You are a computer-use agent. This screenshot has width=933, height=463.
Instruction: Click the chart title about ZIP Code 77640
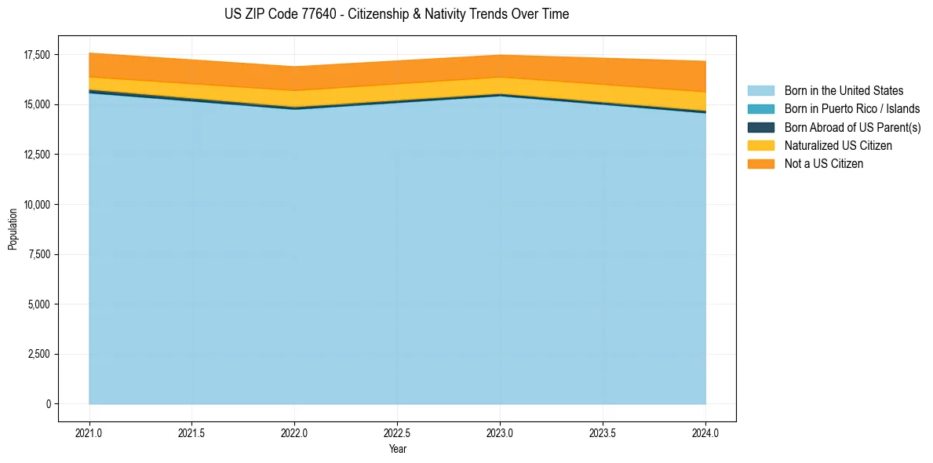coord(396,14)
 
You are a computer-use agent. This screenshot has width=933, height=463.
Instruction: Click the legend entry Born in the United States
coord(844,91)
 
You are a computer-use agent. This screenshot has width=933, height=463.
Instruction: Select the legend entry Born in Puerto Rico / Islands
coord(852,109)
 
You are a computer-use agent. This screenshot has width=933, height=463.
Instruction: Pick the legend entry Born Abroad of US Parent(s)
coord(852,127)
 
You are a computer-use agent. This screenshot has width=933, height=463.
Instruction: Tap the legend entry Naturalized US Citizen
coord(838,146)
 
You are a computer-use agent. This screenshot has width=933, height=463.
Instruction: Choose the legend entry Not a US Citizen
coord(824,164)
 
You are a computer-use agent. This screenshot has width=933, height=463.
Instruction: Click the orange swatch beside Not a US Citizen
coord(760,164)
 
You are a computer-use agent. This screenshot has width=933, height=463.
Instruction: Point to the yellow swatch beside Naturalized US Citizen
coord(760,146)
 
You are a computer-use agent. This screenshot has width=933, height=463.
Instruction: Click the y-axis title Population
coord(13,229)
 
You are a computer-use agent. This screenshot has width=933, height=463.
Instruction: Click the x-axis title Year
coord(397,450)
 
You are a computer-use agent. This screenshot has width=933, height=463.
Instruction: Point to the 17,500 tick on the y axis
coord(36,55)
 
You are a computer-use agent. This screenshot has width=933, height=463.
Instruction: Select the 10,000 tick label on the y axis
coord(36,205)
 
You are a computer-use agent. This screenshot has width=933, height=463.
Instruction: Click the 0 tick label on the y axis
coord(48,404)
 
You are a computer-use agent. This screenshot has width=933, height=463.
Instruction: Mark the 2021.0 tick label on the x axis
coord(89,432)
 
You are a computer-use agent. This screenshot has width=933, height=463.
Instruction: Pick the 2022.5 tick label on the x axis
coord(397,432)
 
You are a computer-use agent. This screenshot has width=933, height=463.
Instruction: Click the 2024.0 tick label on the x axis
coord(705,432)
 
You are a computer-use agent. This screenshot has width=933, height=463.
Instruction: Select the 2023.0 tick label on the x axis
coord(500,432)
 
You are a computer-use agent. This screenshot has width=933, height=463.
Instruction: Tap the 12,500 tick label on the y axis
coord(36,155)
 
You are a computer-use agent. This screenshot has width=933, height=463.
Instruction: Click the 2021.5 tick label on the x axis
coord(192,432)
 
